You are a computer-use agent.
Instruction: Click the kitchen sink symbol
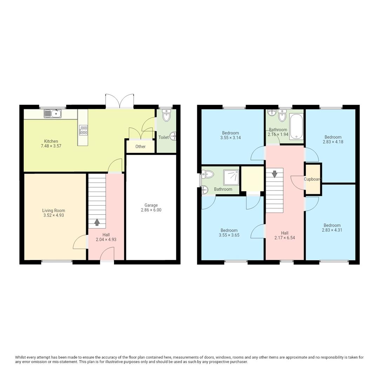pos(53,113)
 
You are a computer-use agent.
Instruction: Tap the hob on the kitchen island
pos(83,130)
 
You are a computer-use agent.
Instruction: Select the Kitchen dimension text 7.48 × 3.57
pos(51,146)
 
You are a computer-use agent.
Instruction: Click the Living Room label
pos(51,211)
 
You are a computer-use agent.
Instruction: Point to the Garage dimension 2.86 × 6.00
pos(151,210)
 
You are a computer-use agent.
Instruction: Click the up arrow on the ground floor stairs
pos(97,222)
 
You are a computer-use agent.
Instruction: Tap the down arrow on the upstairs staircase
pos(274,174)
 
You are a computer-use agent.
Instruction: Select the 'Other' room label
pos(140,146)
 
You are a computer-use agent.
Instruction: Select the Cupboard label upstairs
pos(312,179)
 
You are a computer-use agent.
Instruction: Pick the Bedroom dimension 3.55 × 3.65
pos(229,235)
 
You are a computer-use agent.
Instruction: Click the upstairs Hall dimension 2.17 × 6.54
pos(285,238)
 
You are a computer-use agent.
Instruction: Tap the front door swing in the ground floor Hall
pos(107,253)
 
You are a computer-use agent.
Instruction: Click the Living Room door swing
pos(80,242)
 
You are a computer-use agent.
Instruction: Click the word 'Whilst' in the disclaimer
pos(21,357)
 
